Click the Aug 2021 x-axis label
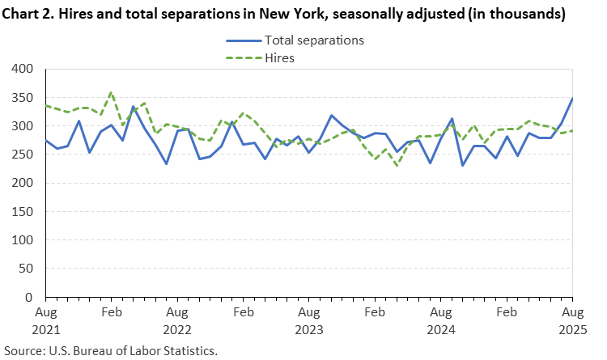click(45, 320)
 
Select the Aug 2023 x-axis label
click(308, 320)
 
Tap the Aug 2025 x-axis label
click(572, 320)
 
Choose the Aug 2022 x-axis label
click(177, 320)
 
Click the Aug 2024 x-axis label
click(440, 320)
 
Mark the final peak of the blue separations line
click(572, 99)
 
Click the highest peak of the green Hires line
click(111, 92)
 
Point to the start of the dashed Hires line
click(45, 106)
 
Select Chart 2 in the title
click(31, 15)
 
